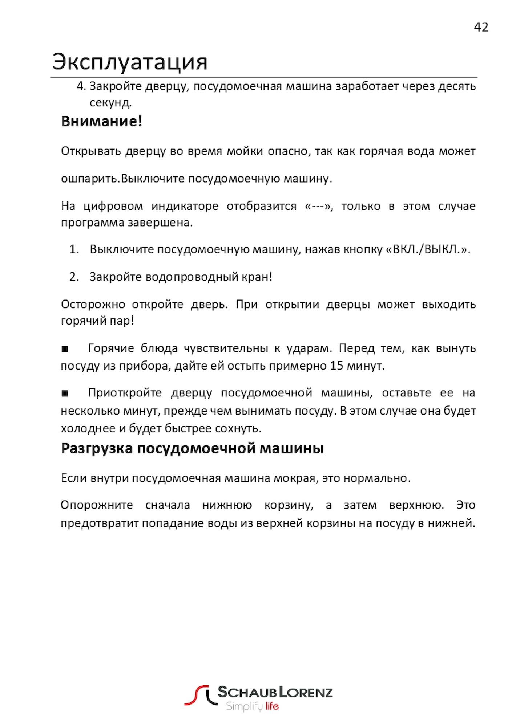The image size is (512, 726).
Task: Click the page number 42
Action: click(481, 27)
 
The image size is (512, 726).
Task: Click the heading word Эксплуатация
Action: click(130, 62)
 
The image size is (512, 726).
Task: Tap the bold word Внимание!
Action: click(101, 121)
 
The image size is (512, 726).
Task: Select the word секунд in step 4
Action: click(110, 103)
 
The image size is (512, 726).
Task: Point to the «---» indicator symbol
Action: click(318, 206)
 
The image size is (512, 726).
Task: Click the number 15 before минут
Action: click(336, 366)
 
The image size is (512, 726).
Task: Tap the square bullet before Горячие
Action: click(65, 349)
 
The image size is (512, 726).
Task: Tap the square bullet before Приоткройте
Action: click(65, 393)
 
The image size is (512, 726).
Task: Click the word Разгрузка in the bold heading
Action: click(97, 449)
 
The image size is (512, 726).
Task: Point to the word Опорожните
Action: click(97, 505)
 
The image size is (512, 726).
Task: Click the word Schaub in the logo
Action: click(247, 692)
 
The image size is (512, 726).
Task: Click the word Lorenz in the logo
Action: click(306, 692)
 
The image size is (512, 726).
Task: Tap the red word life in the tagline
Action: click(272, 706)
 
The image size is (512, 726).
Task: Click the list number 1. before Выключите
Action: click(74, 249)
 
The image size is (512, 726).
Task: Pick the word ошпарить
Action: click(90, 179)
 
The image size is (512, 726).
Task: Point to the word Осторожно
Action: click(93, 304)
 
